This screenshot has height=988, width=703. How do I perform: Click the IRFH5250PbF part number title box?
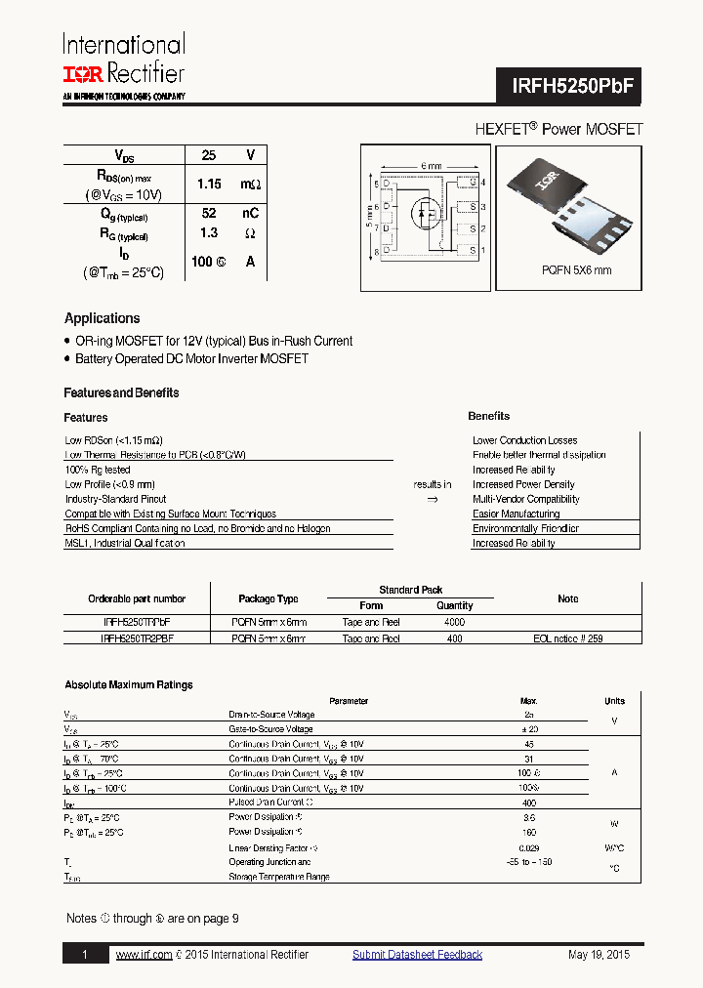(575, 85)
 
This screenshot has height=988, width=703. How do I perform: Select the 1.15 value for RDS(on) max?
(209, 184)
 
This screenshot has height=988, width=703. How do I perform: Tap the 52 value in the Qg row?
(208, 214)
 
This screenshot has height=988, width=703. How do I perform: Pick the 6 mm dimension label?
(431, 166)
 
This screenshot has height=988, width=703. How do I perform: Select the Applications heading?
(102, 318)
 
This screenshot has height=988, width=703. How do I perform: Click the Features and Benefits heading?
(121, 392)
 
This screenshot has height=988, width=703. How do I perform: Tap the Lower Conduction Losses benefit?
(524, 440)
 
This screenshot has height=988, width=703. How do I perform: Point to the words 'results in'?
(432, 484)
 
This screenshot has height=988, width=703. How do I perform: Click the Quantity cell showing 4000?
(454, 621)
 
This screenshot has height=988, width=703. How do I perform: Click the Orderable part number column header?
(136, 598)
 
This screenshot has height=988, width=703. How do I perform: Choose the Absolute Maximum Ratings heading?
(128, 685)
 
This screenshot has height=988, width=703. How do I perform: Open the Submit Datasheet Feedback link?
(417, 955)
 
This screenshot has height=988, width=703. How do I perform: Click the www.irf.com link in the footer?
(144, 955)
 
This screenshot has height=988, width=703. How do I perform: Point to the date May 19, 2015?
(599, 955)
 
